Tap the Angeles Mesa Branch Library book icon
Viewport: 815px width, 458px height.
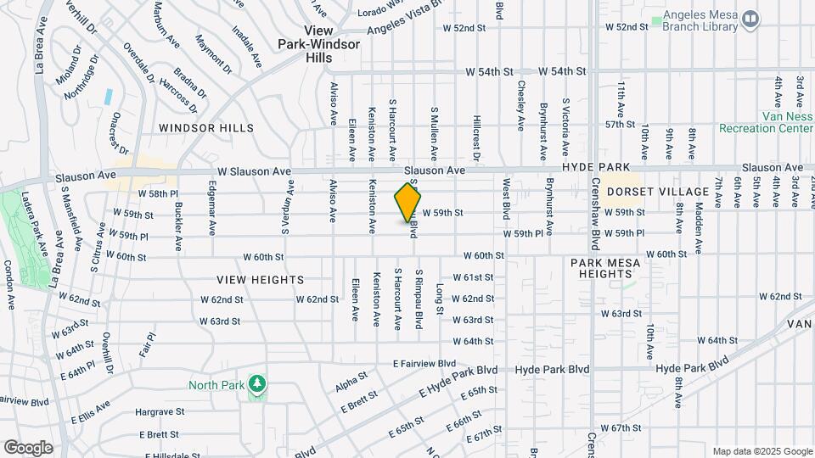[750, 19]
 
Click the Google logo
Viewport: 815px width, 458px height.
[28, 447]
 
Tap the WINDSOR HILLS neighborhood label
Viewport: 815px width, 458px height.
[205, 128]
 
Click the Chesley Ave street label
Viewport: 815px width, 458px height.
[520, 105]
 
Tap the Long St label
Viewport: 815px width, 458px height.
[440, 299]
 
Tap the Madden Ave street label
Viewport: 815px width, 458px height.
[700, 227]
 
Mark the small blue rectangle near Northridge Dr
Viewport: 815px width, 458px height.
[109, 96]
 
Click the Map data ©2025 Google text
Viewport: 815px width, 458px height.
[762, 451]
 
